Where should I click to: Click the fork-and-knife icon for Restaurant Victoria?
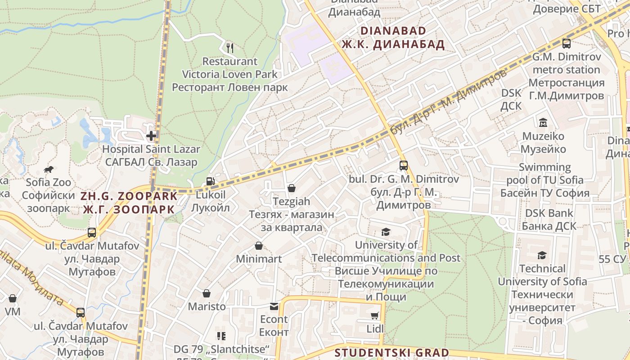230,47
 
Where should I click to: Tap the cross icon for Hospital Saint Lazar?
151,135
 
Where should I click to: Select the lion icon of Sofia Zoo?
49,169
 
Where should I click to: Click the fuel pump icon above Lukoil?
210,181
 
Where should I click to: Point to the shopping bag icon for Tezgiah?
292,188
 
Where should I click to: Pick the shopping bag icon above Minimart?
259,246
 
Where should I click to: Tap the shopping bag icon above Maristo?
207,293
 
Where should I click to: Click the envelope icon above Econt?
274,306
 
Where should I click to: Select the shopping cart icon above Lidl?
375,316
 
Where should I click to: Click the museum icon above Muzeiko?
543,122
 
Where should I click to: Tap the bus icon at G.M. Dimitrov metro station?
567,44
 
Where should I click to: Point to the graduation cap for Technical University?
542,255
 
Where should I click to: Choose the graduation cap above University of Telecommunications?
386,232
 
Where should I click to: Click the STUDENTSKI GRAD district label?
392,353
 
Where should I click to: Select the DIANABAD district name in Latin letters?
393,31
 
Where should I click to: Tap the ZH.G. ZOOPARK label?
129,196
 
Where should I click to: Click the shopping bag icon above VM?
13,298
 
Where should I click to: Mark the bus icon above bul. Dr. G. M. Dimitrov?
404,165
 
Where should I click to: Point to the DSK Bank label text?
549,213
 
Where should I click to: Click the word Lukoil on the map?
211,195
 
